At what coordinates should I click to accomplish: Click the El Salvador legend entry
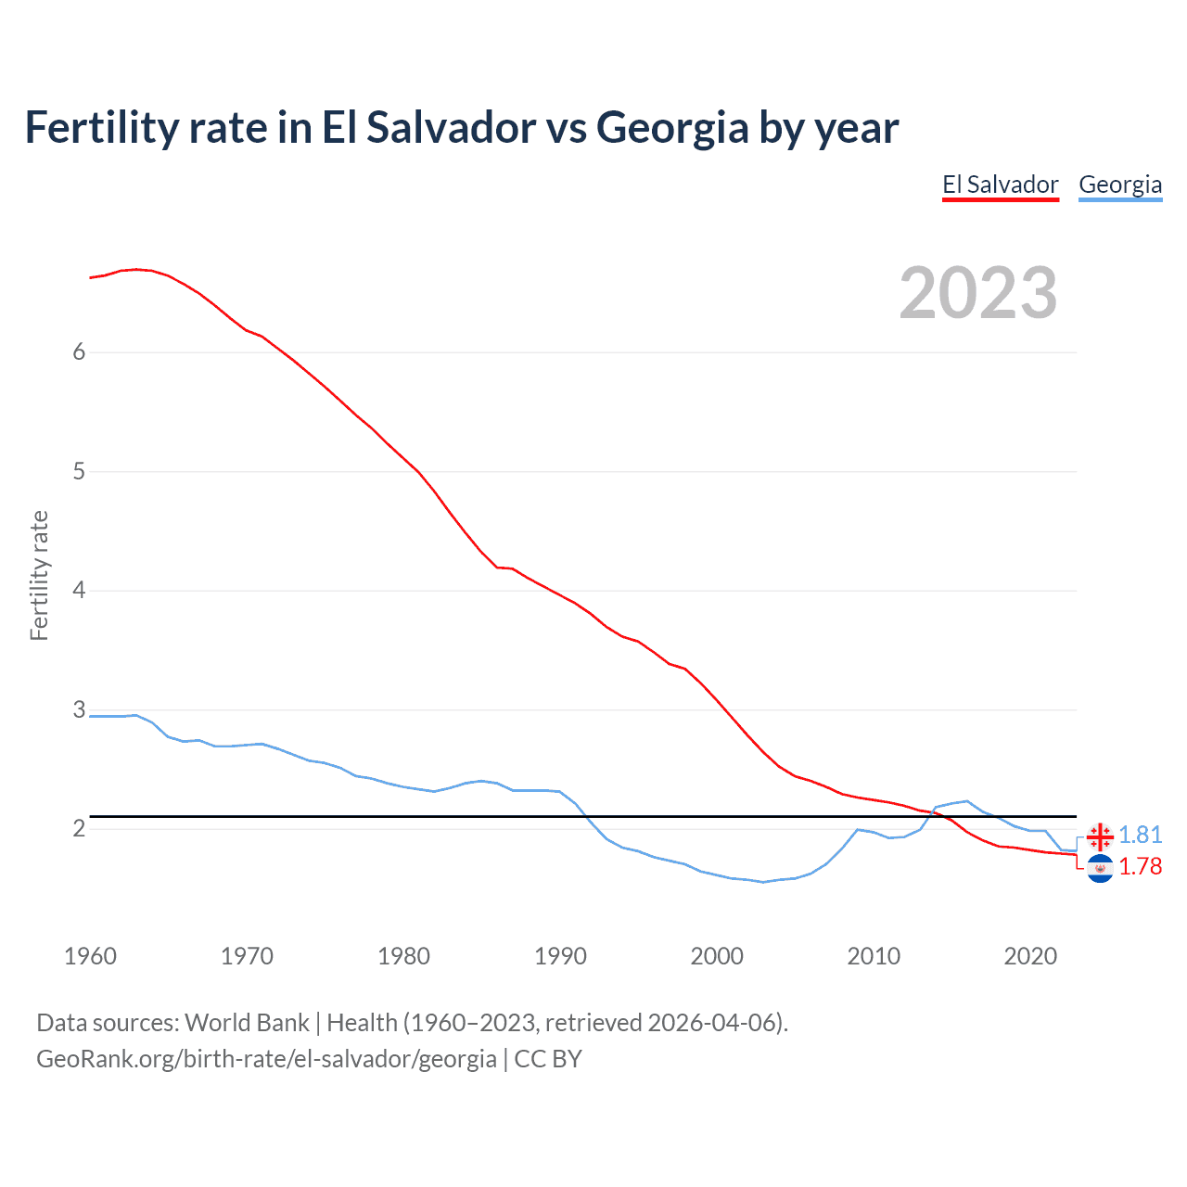coord(1000,185)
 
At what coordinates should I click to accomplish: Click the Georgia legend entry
coord(1120,185)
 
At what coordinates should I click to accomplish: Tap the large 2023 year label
coord(977,293)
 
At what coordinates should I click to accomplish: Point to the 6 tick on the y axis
coord(79,351)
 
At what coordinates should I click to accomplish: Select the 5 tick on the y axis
coord(79,471)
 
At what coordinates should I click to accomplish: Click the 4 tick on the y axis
coord(79,590)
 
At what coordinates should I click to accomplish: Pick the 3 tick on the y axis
coord(79,709)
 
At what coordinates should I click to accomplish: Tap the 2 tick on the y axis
coord(79,828)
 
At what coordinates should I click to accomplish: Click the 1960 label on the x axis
coord(90,956)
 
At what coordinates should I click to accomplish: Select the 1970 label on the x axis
coord(247,956)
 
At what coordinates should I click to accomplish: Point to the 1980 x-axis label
coord(403,956)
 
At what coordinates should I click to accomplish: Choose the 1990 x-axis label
coord(560,956)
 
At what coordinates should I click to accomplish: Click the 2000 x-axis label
coord(717,956)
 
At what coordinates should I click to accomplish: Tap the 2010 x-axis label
coord(874,956)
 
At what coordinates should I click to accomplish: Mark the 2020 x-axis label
coord(1030,956)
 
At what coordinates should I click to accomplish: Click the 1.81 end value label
coord(1140,836)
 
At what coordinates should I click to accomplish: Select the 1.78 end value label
coord(1140,867)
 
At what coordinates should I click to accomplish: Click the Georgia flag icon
coord(1100,837)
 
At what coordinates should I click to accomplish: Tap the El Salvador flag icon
coord(1100,869)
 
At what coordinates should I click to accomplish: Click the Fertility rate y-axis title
coord(39,575)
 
